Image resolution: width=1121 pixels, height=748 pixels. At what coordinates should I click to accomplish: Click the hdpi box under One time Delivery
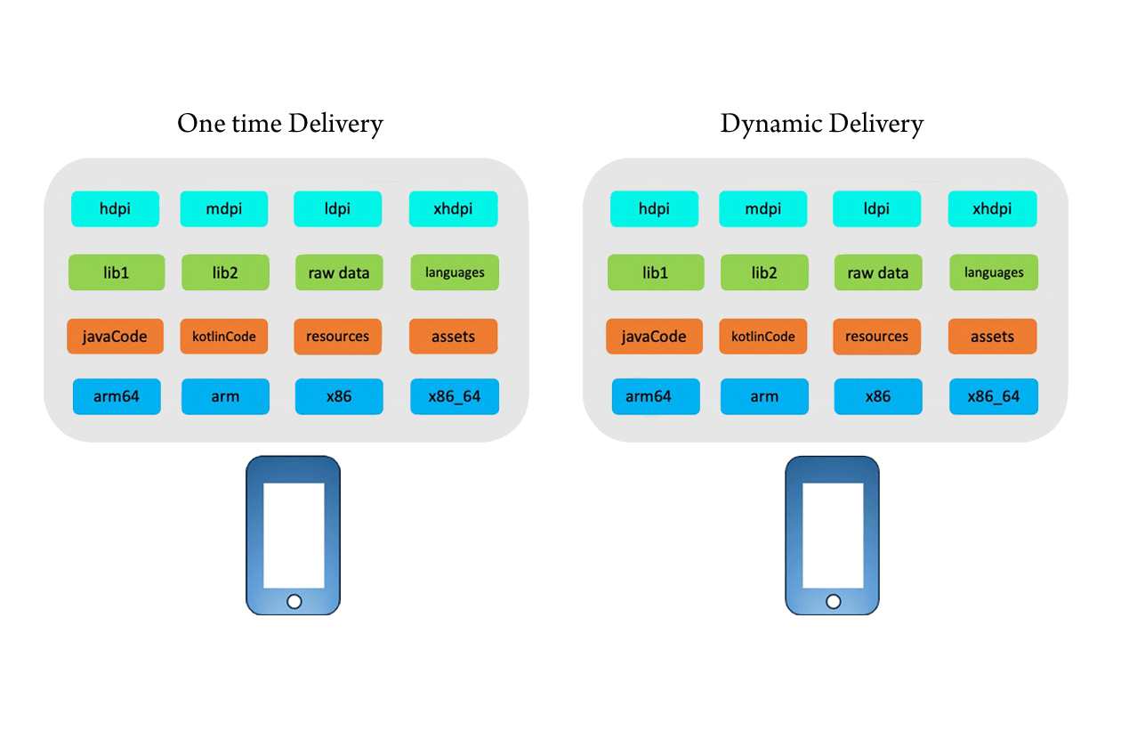(x=115, y=209)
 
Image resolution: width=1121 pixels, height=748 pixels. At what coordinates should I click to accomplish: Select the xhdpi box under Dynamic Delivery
(x=992, y=209)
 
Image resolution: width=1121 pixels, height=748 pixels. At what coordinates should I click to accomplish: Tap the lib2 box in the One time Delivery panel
(x=225, y=272)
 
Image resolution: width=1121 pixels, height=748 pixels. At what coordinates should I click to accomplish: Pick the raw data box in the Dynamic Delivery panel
(x=877, y=272)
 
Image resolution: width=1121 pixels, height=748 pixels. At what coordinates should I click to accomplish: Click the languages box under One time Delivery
(x=455, y=272)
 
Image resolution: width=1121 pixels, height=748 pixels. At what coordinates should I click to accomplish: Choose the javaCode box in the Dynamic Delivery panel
(x=654, y=337)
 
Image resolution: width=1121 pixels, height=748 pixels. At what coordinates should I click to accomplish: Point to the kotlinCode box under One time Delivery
(x=224, y=337)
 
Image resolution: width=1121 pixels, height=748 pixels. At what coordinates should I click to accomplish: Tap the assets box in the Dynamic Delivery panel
(x=992, y=337)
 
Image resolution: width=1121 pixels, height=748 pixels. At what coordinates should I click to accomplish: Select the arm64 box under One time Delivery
(x=117, y=396)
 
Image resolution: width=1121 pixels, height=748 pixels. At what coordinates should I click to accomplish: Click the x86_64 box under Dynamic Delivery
(x=993, y=396)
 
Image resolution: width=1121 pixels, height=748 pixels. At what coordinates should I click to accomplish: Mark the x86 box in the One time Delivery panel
(x=339, y=396)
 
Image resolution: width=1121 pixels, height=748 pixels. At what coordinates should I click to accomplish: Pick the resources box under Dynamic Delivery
(x=877, y=337)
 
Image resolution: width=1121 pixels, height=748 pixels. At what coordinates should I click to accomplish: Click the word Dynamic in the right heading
(x=770, y=124)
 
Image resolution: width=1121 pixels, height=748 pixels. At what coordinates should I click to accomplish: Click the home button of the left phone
(x=294, y=602)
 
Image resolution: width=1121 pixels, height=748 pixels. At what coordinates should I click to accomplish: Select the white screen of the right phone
(x=833, y=534)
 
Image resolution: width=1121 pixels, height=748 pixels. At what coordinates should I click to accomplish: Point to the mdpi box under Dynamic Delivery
(x=763, y=209)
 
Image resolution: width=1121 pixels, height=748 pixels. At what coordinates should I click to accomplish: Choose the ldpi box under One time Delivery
(x=338, y=209)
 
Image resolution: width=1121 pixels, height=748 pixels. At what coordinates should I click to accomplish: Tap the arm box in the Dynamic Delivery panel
(x=763, y=396)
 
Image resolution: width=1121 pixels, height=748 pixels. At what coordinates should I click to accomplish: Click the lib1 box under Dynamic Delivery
(x=655, y=272)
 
